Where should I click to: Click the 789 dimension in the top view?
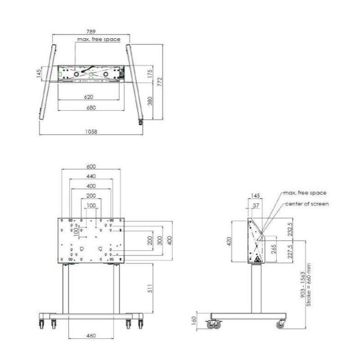click(x=91, y=31)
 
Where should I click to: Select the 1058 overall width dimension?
click(x=91, y=131)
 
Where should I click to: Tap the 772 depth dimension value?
click(x=160, y=82)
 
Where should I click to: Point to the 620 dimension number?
click(x=89, y=97)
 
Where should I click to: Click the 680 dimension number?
click(x=91, y=108)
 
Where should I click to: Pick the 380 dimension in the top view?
click(x=150, y=101)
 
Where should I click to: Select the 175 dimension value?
click(x=150, y=74)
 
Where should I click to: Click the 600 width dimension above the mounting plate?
click(x=91, y=166)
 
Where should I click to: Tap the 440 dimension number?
click(x=91, y=176)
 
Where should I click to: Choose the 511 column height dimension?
click(x=150, y=288)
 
